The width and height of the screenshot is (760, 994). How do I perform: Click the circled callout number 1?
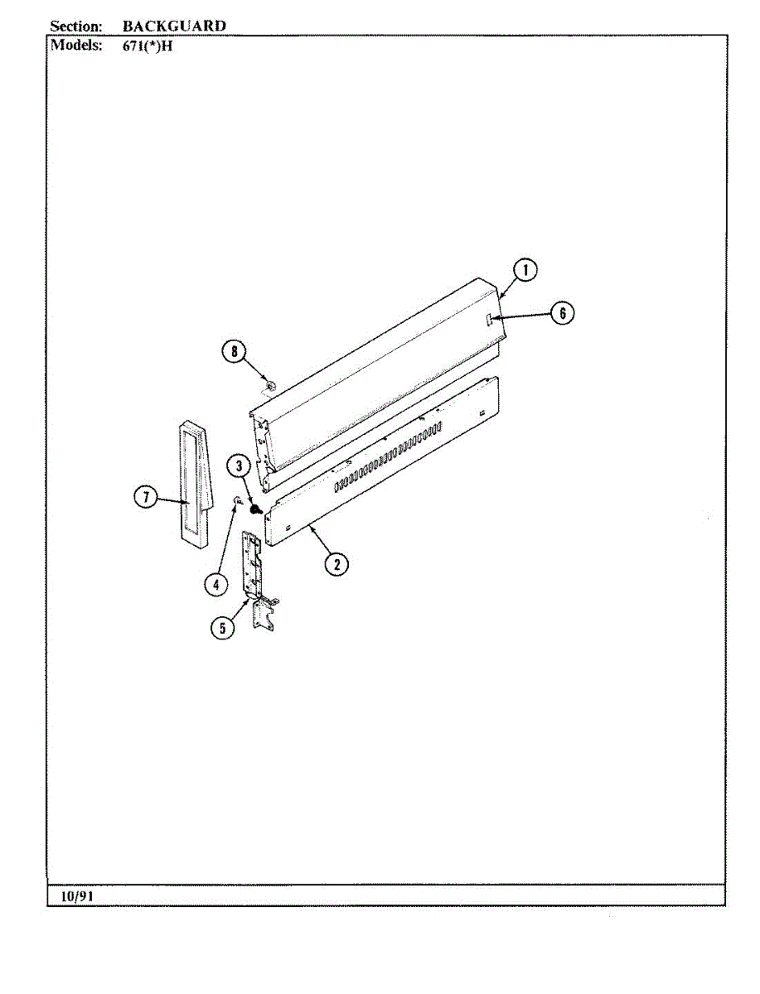click(524, 270)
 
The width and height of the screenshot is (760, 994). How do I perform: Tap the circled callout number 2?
click(336, 565)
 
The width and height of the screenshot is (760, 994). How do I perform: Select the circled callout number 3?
click(239, 466)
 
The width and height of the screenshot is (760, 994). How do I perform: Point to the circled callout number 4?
click(215, 584)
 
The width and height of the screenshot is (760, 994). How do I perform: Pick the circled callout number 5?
click(222, 628)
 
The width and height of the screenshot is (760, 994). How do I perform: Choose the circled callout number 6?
click(562, 312)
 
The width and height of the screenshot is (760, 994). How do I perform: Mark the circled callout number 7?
click(146, 497)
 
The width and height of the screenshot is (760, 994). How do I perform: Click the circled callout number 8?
click(234, 351)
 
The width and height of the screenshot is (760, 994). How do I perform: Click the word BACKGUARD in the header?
click(174, 26)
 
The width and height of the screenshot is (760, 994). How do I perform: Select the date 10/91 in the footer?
click(76, 896)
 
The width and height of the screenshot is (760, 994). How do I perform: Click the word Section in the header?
click(75, 26)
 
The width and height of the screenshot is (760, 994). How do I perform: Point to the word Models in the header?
click(76, 45)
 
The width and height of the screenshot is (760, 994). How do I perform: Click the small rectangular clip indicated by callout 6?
click(491, 319)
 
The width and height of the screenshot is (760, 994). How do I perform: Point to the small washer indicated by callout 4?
click(237, 500)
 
